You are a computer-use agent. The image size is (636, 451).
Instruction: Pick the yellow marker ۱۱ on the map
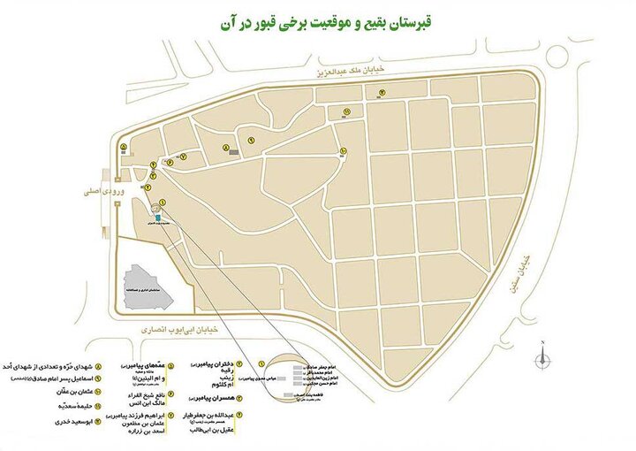[x=346, y=111]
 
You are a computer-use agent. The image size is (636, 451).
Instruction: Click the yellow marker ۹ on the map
[x=252, y=141]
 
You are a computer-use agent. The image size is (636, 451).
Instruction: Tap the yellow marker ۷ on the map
[x=183, y=156]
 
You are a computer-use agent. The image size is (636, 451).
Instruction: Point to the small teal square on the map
[x=157, y=217]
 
